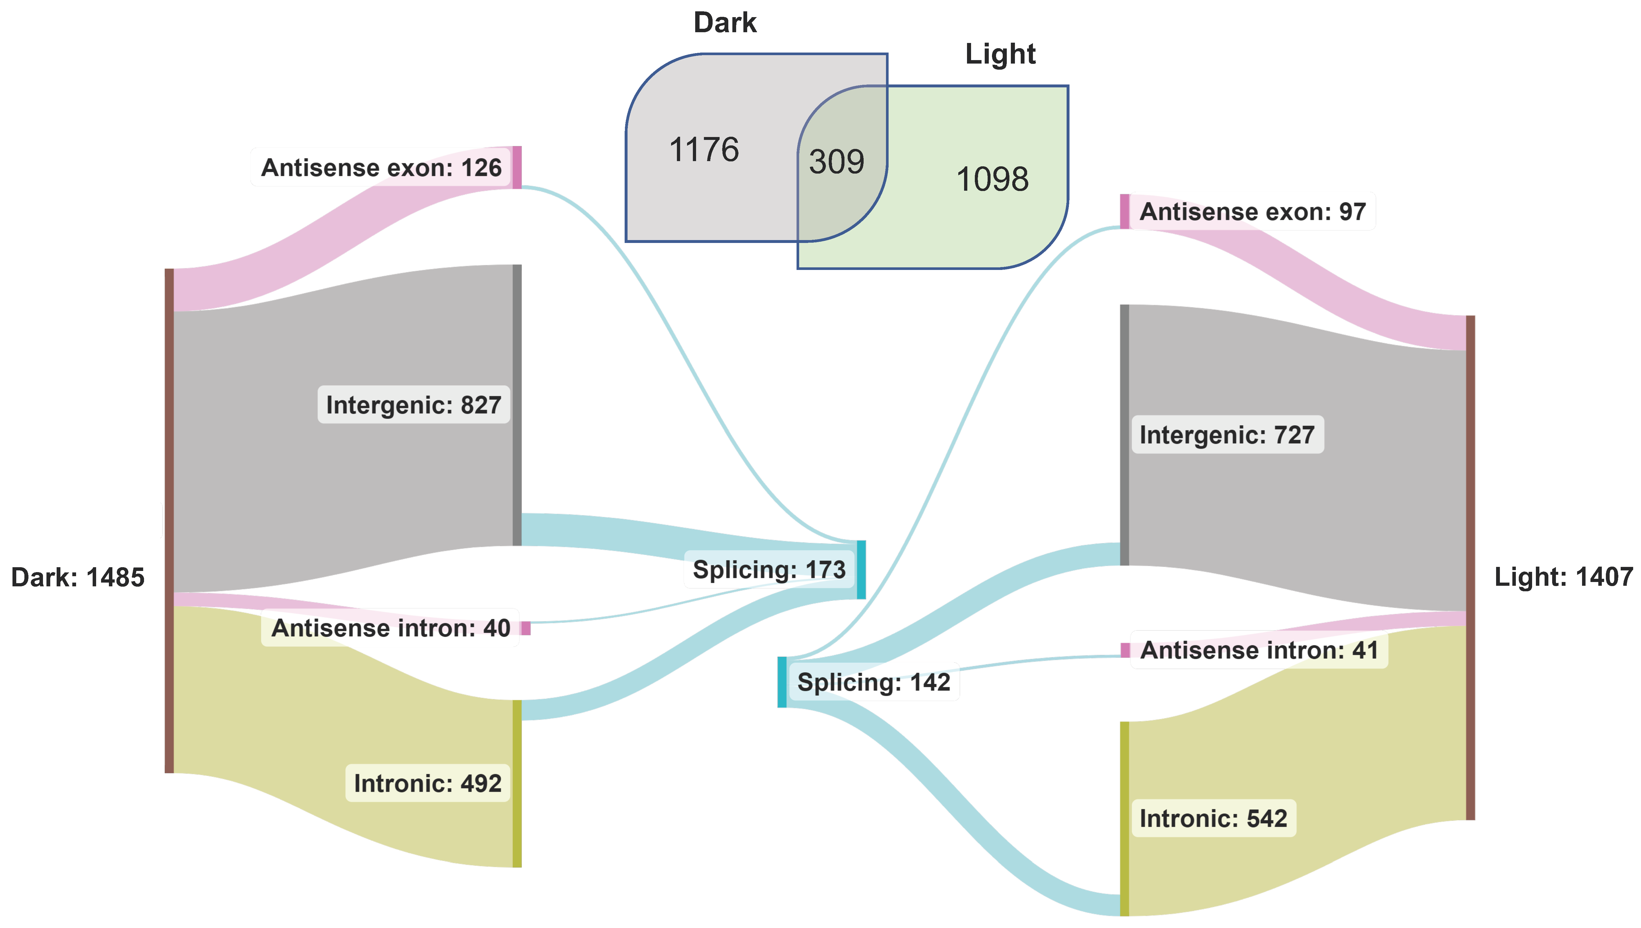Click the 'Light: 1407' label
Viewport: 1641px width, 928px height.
(1563, 577)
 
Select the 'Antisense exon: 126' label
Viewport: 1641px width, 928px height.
(381, 167)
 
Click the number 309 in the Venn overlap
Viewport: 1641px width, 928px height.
(836, 162)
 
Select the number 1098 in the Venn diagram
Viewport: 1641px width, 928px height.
(992, 179)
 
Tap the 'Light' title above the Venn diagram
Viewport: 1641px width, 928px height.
(1000, 54)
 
